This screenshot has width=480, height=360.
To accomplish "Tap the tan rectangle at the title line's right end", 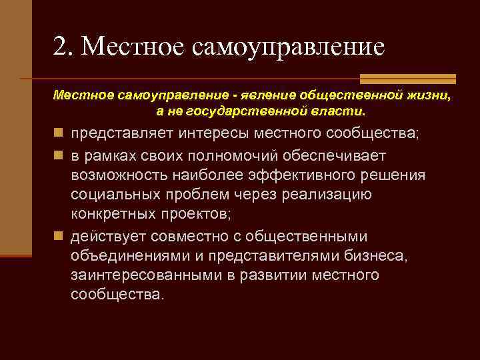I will [407, 78].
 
